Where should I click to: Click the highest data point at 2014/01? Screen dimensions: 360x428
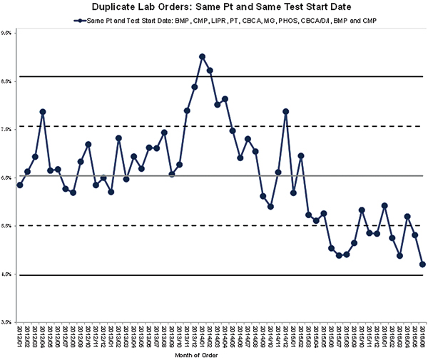click(203, 56)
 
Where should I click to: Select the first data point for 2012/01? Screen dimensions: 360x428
click(20, 185)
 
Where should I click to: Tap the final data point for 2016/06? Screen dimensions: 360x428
click(423, 264)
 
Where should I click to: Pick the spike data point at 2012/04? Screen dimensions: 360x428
click(43, 112)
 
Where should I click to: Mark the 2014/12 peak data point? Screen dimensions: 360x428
click(286, 111)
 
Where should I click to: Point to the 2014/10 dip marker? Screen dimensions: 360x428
click(270, 207)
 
